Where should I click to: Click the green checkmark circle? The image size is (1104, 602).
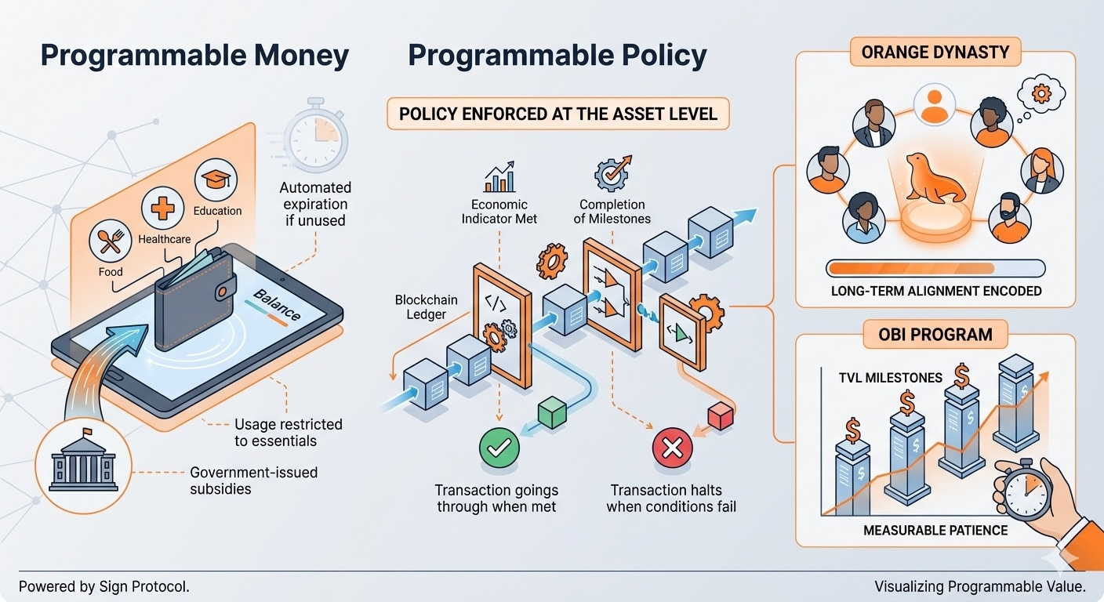(499, 448)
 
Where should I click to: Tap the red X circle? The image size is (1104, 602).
(672, 448)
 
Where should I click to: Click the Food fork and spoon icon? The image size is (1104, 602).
(110, 241)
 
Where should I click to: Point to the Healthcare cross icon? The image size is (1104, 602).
(162, 209)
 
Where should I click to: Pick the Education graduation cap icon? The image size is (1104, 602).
(216, 180)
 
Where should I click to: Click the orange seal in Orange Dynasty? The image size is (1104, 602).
(935, 179)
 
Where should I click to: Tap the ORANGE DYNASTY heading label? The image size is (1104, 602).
(935, 52)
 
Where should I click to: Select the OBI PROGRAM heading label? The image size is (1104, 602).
(935, 335)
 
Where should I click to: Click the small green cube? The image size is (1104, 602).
(552, 413)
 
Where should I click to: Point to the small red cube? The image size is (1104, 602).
(721, 416)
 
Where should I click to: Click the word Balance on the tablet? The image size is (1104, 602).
(277, 305)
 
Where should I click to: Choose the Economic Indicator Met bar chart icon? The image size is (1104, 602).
(499, 177)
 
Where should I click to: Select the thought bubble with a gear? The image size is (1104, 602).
(1041, 93)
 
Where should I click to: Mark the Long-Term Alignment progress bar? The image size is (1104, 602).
(935, 269)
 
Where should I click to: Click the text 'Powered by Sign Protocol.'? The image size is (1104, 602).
(104, 586)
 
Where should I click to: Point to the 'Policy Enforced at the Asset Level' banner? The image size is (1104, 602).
(558, 114)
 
